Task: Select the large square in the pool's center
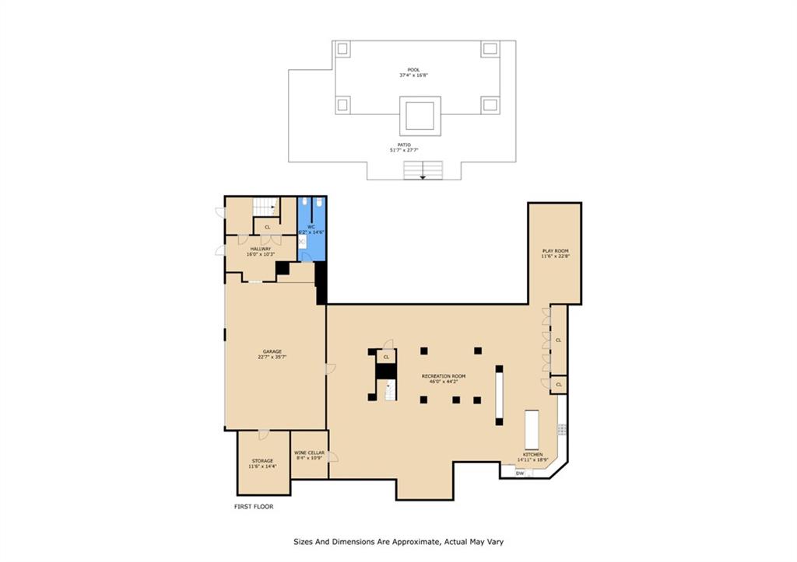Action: click(420, 115)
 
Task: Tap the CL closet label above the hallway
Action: click(267, 227)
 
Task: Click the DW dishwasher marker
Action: click(519, 473)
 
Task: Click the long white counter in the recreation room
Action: click(499, 394)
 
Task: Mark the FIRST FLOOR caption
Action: click(254, 506)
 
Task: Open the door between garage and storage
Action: click(264, 432)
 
